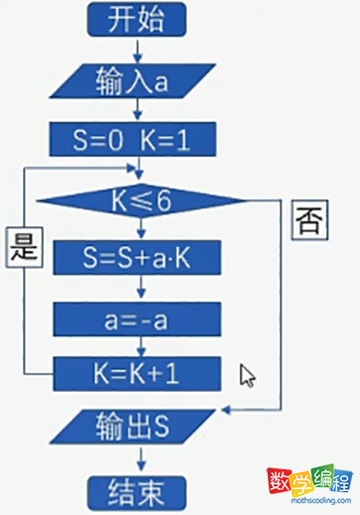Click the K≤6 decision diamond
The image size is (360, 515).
click(141, 200)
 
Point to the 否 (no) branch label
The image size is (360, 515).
click(306, 220)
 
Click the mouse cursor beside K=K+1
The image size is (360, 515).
click(246, 374)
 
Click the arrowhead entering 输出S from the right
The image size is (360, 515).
click(231, 408)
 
